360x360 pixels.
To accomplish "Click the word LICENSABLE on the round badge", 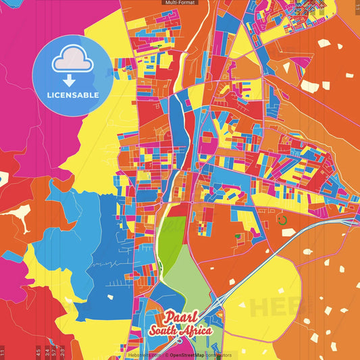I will coord(73,95).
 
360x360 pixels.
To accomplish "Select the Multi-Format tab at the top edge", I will coord(180,3).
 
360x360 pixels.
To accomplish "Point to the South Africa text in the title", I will coord(181,331).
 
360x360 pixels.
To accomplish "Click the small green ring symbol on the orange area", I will coord(282,220).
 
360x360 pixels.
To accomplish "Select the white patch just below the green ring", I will coord(288,232).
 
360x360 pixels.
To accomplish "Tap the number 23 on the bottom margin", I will coord(62,351).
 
